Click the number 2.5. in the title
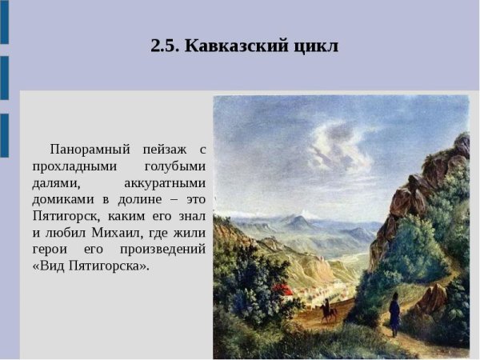click(165, 46)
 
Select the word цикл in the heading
click(316, 46)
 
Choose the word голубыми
click(174, 166)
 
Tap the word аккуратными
click(166, 183)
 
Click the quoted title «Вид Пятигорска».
click(90, 266)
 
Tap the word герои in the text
click(50, 250)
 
